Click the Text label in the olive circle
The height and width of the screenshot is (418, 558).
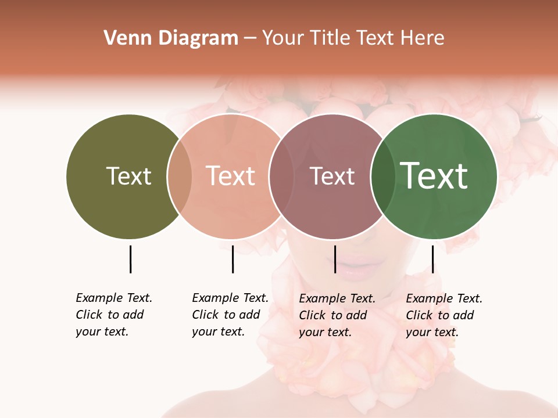coord(128,176)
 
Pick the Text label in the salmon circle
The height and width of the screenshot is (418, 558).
coord(231,176)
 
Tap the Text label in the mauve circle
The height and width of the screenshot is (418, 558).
coord(332,176)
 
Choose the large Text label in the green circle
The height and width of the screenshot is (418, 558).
coord(434,176)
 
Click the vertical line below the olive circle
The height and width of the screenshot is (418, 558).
coord(130,259)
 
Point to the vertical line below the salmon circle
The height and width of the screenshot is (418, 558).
coord(233,259)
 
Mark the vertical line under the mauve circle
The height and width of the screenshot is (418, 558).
coord(335,259)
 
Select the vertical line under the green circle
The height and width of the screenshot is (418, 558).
coord(432,259)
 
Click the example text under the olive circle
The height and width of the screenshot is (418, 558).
coord(113,315)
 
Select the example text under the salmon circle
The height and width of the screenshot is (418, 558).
coord(230,315)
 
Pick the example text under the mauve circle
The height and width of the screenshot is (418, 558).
coord(337,315)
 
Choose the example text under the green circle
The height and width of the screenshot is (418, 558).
coord(443,315)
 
